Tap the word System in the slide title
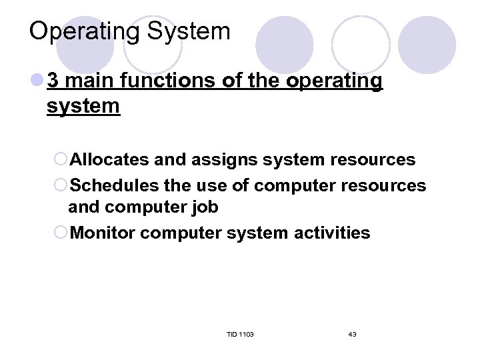click(x=195, y=31)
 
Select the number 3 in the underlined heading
click(x=54, y=81)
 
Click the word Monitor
click(x=103, y=233)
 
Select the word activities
click(x=334, y=233)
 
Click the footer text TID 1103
click(x=240, y=334)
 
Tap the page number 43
click(x=352, y=334)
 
